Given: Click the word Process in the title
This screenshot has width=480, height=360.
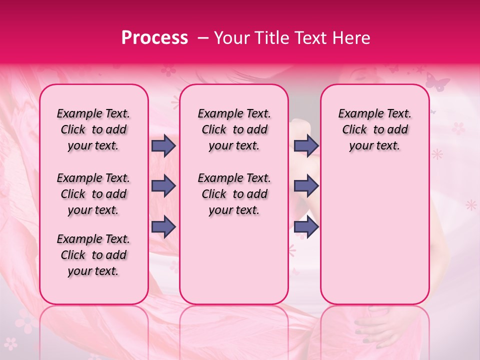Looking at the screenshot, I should pos(154,38).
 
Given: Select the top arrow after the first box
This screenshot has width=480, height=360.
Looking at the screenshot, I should pos(163,145).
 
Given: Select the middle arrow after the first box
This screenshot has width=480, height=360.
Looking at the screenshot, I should pos(163,186).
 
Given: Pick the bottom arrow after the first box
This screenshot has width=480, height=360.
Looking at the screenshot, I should pos(163,226).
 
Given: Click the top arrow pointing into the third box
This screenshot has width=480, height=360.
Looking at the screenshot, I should pos(306,145).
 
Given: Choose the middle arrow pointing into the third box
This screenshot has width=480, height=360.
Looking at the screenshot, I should pos(306,186).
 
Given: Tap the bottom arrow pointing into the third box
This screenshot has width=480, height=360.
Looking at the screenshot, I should pos(306,226).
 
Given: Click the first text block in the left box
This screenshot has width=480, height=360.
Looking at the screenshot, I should pos(93,129).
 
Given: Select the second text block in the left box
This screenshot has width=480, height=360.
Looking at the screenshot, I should pos(93,194).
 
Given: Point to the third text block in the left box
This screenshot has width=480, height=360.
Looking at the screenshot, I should pos(93,255).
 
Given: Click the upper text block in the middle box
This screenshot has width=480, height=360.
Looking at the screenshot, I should pos(234,129).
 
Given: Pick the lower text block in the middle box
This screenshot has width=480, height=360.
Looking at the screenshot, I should pos(234,194).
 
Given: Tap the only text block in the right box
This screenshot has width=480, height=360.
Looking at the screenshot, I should pos(374,129).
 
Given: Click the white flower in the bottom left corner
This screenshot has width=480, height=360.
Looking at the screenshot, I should pos(11,343).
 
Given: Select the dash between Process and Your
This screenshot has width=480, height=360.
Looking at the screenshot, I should pos(202,38).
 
